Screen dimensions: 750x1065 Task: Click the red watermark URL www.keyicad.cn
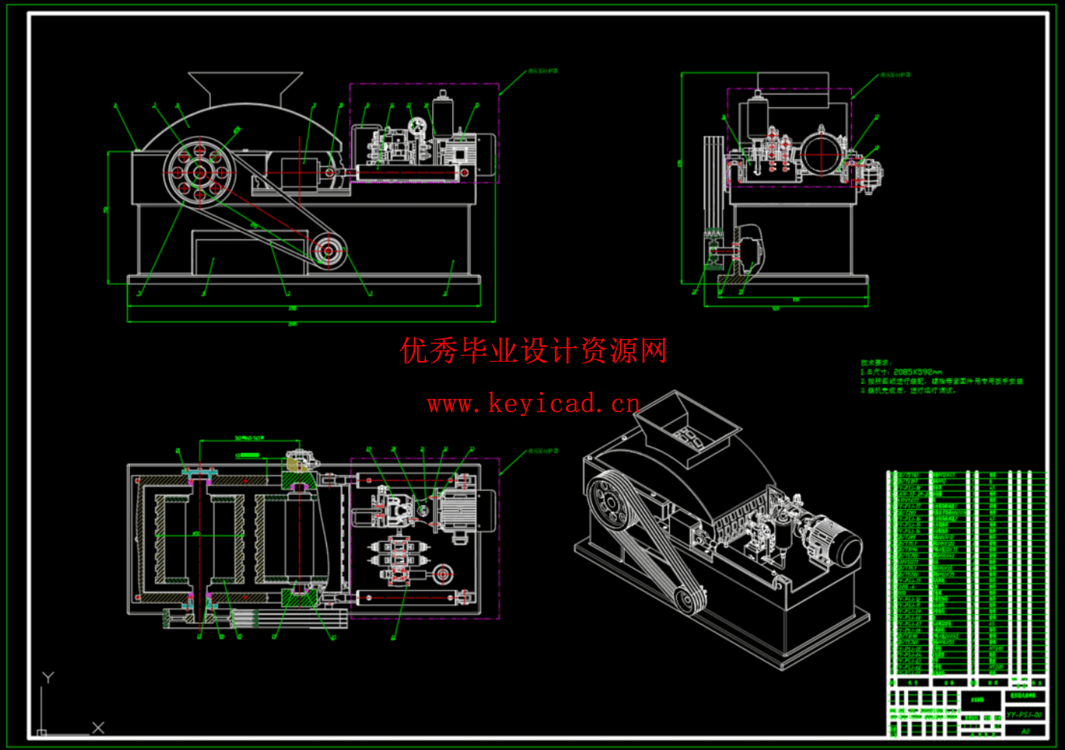(533, 404)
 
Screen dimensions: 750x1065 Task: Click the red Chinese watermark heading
(533, 351)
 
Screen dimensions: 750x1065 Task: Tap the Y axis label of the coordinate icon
(48, 677)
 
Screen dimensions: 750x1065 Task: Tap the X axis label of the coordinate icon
(98, 727)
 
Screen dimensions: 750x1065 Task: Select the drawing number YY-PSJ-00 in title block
(1024, 715)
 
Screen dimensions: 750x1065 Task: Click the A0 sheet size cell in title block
(1025, 731)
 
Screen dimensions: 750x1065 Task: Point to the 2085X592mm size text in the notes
(917, 372)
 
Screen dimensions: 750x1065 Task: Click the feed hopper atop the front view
(245, 88)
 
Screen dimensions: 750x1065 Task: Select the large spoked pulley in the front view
(199, 173)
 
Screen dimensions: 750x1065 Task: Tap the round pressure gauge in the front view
(416, 125)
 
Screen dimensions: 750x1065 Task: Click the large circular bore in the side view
(821, 154)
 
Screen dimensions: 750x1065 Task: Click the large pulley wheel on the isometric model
(610, 501)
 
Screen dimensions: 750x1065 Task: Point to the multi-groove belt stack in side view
(713, 181)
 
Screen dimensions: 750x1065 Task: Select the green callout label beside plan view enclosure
(543, 451)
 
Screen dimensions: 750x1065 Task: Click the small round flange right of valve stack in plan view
(443, 575)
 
